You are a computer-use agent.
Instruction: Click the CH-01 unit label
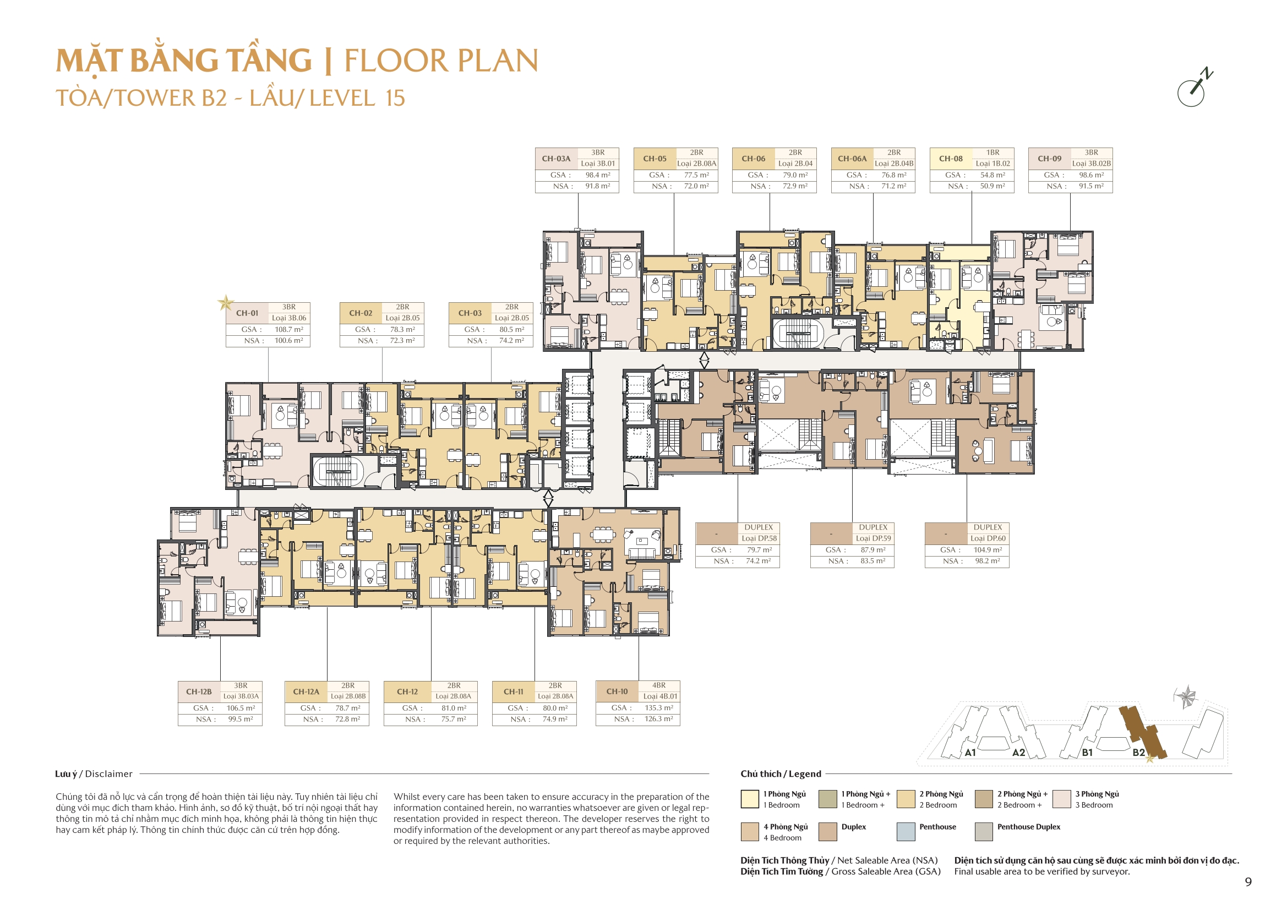(x=247, y=313)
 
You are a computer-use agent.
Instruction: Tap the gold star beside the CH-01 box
(x=225, y=303)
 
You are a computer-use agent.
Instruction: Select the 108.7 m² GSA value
(x=288, y=330)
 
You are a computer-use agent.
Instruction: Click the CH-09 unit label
(x=1049, y=159)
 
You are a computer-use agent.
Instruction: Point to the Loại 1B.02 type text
(x=992, y=164)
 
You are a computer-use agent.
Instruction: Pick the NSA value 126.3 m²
(x=658, y=719)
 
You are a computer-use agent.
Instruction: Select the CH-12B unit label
(x=199, y=692)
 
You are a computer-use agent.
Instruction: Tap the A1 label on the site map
(x=970, y=753)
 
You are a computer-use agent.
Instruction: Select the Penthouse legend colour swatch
(x=906, y=831)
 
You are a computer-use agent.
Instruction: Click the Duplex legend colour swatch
(x=828, y=831)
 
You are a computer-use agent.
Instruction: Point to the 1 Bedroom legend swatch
(x=749, y=799)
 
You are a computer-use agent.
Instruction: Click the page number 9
(x=1248, y=882)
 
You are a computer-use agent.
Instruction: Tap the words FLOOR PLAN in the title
(x=441, y=61)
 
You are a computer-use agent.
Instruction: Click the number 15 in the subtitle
(x=395, y=99)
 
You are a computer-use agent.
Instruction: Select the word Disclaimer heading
(x=109, y=774)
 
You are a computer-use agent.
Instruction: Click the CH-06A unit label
(x=852, y=159)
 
